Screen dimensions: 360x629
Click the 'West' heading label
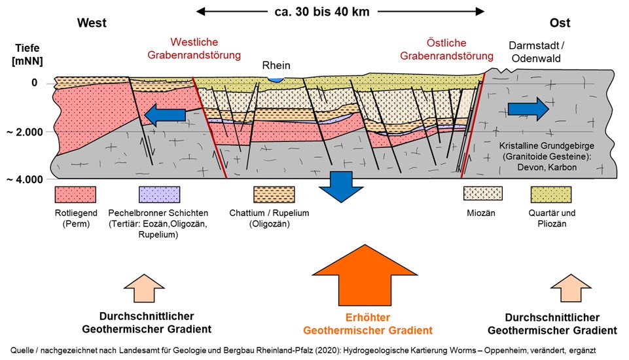[92, 24]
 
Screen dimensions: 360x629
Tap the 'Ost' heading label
[560, 24]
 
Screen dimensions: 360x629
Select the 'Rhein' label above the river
[276, 65]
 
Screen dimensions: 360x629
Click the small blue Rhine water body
[278, 79]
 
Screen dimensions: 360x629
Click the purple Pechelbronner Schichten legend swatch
[160, 194]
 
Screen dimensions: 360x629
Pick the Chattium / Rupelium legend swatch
[272, 194]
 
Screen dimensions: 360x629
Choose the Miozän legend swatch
[482, 194]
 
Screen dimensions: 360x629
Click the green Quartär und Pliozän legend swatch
[550, 194]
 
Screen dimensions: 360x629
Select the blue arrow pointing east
[529, 109]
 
